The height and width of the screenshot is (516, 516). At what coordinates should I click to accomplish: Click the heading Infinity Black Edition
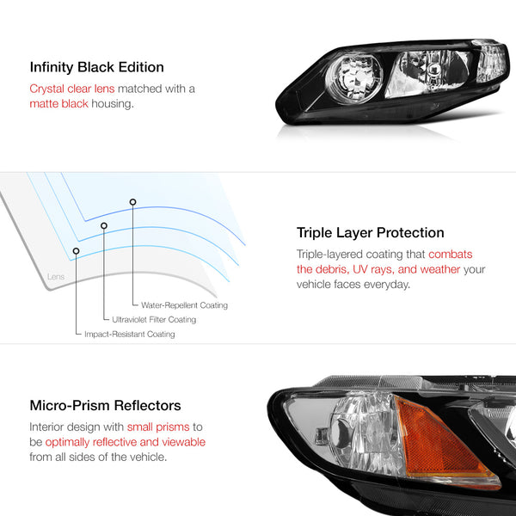pos(96,67)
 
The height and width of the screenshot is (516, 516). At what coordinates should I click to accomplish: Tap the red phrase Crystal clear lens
pos(72,89)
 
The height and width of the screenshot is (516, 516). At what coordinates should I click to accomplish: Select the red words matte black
pos(58,104)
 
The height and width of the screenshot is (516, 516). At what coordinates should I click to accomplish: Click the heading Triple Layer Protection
pos(370,233)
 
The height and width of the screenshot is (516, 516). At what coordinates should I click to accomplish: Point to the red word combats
pos(450,254)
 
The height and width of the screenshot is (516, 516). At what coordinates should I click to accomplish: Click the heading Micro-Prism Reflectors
pos(105,405)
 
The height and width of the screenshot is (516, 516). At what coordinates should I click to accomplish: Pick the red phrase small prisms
pos(158,427)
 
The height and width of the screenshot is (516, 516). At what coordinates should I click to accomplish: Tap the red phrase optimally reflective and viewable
pos(125,442)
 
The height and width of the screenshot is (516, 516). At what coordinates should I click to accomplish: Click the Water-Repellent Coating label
pos(184,305)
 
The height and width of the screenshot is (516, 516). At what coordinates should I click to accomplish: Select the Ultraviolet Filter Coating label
pos(154,320)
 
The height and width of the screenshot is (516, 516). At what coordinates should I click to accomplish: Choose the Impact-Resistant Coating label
pos(130,334)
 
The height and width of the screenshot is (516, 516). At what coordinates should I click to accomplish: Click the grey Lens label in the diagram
pos(56,276)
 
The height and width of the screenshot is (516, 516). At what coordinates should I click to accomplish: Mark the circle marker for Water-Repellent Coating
pos(132,202)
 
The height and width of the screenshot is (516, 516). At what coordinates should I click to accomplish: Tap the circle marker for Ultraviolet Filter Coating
pos(104,225)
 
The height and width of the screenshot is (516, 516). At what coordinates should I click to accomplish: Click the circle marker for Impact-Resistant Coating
pos(76,251)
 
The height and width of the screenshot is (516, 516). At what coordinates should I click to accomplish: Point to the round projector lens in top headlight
pos(354,78)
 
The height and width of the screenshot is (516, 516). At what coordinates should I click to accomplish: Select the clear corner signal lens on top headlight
pos(491,62)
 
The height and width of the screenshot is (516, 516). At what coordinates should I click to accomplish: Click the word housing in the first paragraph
pos(112,104)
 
